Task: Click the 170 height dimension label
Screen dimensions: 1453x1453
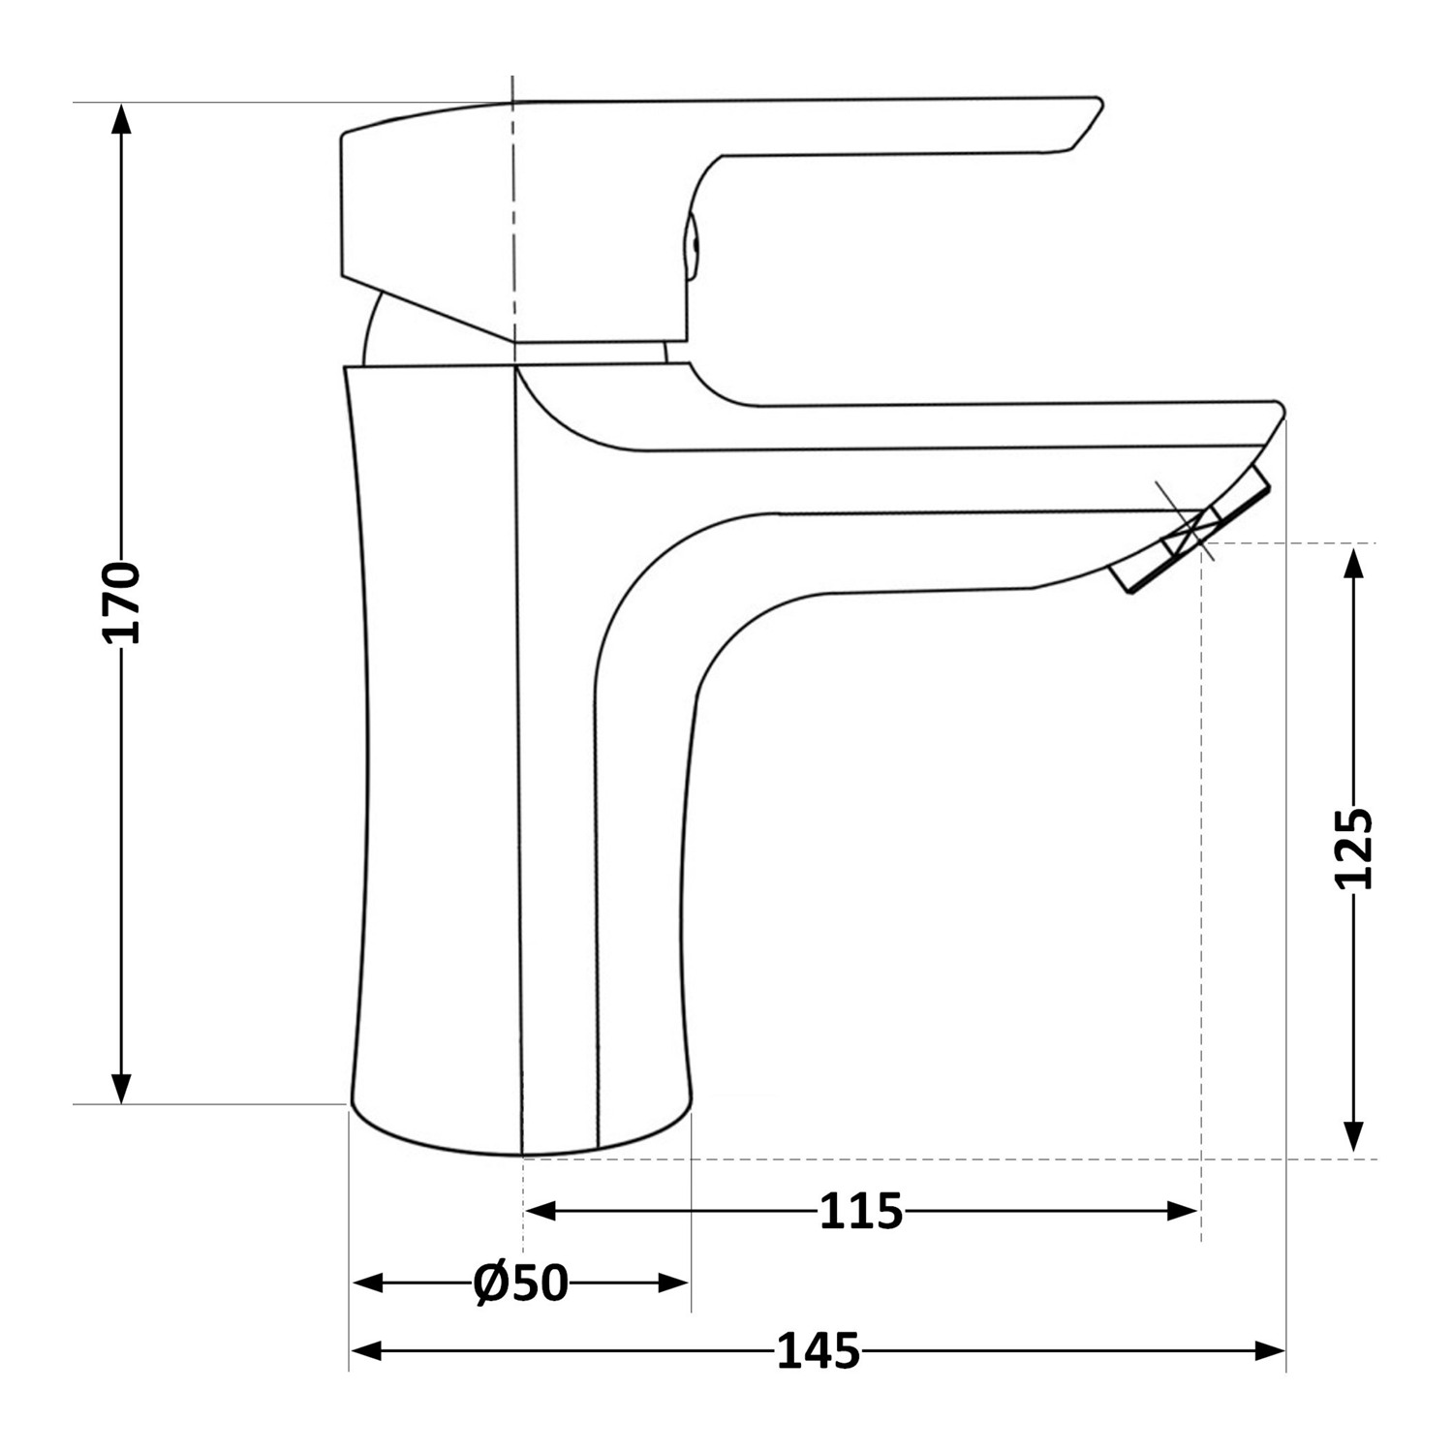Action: click(121, 602)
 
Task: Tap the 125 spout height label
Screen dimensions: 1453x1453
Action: click(1353, 848)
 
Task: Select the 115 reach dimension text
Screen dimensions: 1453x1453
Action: click(861, 1211)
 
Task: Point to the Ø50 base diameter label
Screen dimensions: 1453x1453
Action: click(520, 1283)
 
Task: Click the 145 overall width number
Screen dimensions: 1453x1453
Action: click(818, 1350)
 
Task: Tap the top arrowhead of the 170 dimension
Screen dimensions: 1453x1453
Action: click(120, 118)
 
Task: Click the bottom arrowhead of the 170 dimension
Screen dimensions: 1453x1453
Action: click(120, 1088)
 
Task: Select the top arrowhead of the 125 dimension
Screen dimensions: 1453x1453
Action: click(1354, 561)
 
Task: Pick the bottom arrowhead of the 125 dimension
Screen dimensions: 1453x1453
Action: click(1354, 1137)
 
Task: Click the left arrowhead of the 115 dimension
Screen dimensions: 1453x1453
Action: click(541, 1211)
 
